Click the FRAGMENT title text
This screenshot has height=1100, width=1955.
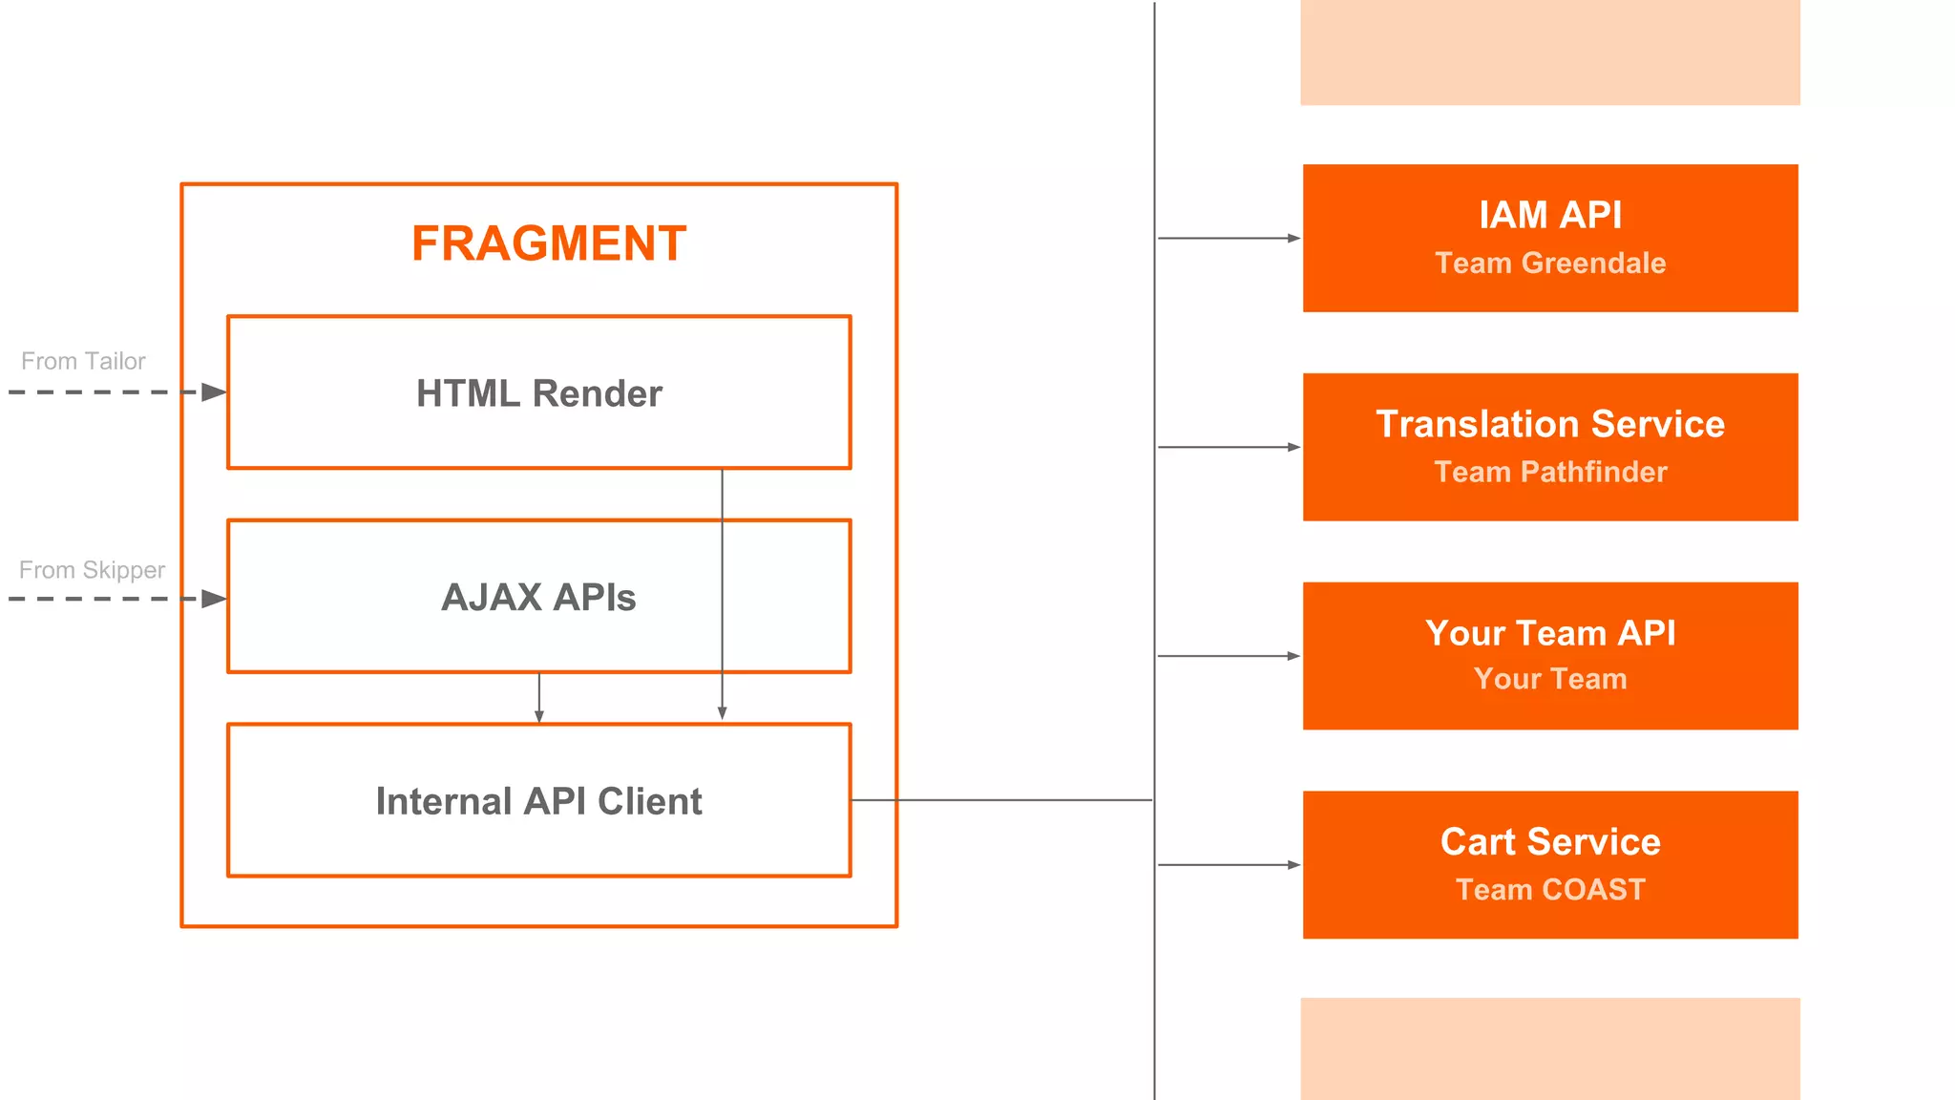[x=549, y=243]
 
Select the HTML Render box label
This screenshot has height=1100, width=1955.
[x=538, y=393]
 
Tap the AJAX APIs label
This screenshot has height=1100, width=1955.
[x=538, y=598]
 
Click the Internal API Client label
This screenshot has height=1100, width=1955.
[x=538, y=801]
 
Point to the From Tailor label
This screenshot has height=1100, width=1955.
[x=83, y=361]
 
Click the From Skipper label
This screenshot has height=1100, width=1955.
[x=92, y=570]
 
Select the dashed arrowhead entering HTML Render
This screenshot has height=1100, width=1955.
[x=214, y=392]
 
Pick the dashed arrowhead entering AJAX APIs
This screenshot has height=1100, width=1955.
[x=214, y=600]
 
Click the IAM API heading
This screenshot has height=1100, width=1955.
[x=1550, y=215]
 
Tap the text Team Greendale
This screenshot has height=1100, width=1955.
[x=1550, y=263]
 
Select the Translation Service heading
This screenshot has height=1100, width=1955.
[x=1550, y=424]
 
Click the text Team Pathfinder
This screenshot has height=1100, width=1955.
[x=1550, y=472]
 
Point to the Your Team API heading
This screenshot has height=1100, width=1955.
[x=1550, y=633]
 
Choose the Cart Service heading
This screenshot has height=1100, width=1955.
[x=1550, y=842]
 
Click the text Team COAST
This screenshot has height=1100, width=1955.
[x=1550, y=889]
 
